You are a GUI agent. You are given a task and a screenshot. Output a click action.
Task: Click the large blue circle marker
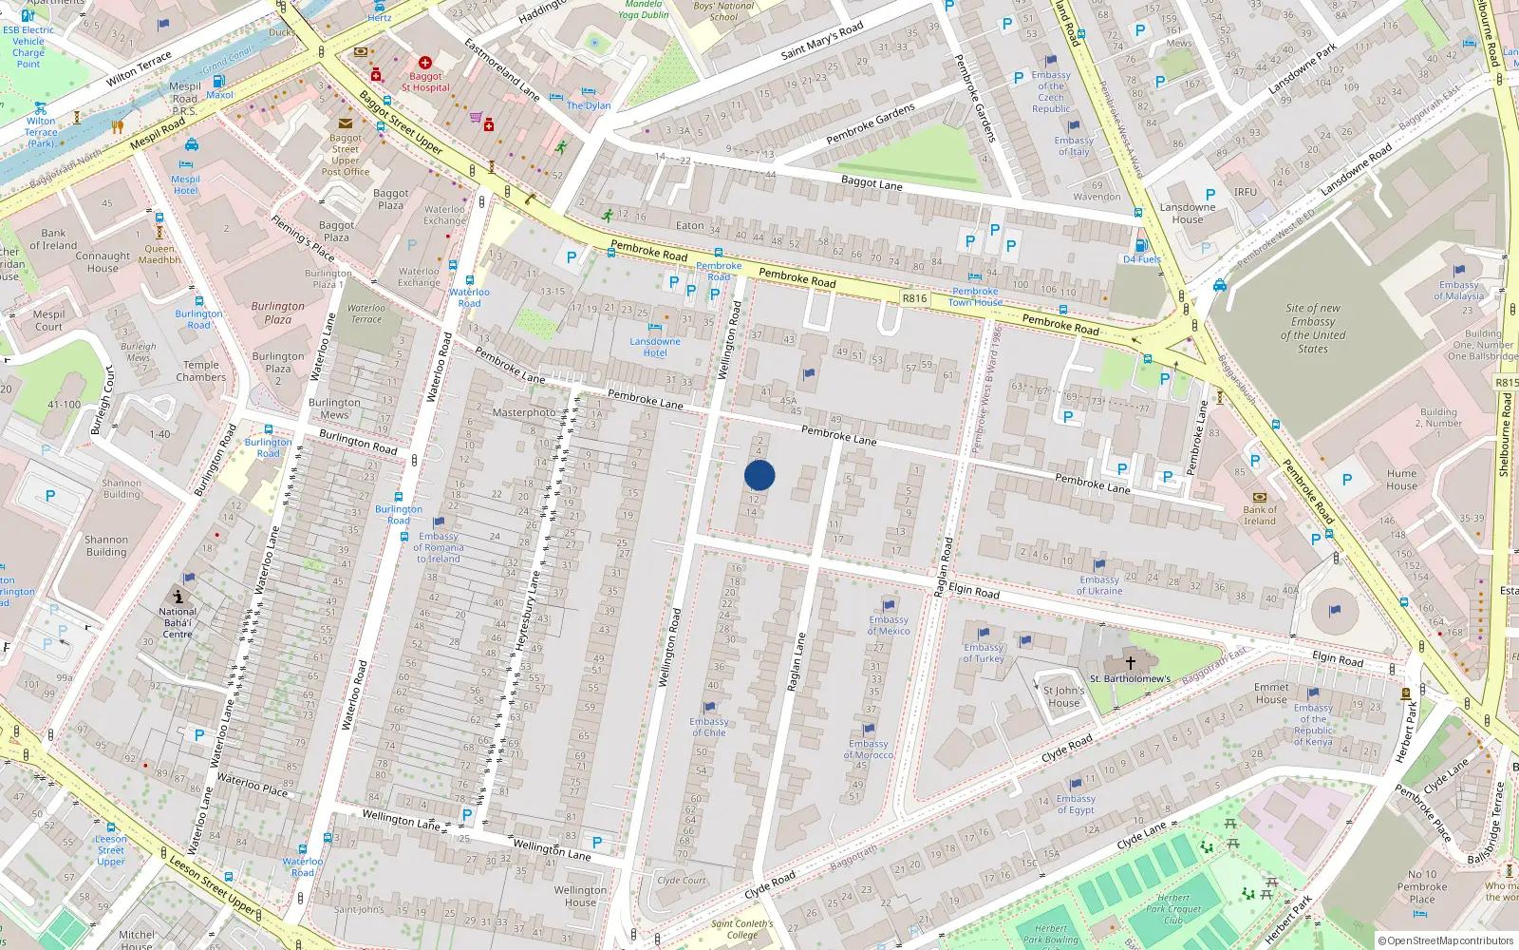[759, 475]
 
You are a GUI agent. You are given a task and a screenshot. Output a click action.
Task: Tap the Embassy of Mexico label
[889, 625]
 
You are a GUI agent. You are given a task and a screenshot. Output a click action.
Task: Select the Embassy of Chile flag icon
[709, 708]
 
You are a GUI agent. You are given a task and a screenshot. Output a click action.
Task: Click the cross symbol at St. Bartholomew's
[1131, 663]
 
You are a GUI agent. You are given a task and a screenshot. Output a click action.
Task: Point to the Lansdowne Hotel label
[655, 347]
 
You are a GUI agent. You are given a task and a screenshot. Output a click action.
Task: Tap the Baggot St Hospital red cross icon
[425, 63]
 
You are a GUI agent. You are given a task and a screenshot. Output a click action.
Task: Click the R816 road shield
[914, 298]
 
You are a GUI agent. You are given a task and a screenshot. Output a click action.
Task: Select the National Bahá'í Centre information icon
[178, 597]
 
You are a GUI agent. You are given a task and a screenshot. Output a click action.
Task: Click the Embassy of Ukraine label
[1099, 585]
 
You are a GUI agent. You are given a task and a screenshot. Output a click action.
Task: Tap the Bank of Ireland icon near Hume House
[1260, 497]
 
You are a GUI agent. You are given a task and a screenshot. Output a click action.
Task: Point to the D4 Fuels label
[1142, 258]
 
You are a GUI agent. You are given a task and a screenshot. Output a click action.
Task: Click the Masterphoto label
[524, 412]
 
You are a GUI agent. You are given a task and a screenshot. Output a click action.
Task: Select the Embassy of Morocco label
[869, 750]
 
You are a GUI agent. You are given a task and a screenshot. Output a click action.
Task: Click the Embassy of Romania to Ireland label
[439, 547]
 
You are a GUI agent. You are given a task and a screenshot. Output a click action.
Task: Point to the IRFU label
[1246, 192]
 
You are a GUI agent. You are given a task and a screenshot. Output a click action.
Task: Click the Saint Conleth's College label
[742, 929]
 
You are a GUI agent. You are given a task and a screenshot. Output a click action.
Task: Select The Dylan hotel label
[589, 105]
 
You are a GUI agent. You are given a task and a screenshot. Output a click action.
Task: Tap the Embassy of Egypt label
[1076, 805]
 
